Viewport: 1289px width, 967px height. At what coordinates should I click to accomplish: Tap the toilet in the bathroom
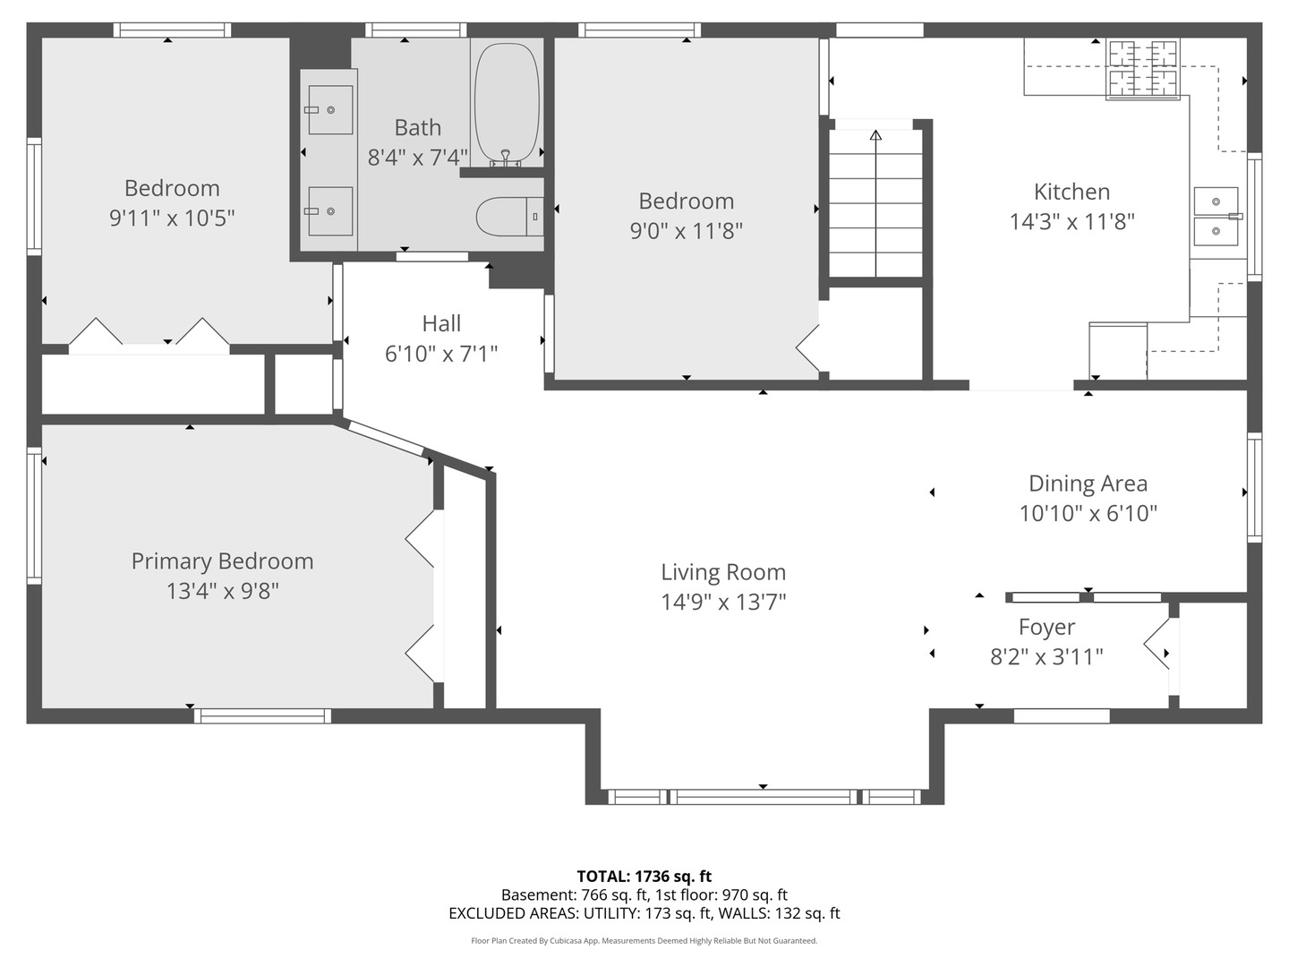click(x=509, y=217)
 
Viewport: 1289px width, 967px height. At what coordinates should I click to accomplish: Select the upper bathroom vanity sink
click(x=329, y=109)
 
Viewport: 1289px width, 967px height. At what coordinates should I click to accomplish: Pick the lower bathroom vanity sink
click(x=329, y=211)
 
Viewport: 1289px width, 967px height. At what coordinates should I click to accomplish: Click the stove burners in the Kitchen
click(x=1143, y=69)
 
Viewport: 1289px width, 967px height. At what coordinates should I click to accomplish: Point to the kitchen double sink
click(x=1216, y=216)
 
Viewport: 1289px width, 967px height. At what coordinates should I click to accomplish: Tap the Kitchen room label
click(x=1071, y=192)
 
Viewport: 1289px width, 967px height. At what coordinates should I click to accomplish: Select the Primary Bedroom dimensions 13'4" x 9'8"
click(x=222, y=591)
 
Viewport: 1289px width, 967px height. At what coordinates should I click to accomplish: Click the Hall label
click(x=441, y=323)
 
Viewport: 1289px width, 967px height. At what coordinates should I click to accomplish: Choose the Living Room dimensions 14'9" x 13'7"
click(x=723, y=602)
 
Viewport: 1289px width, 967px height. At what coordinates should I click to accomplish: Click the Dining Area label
click(x=1088, y=483)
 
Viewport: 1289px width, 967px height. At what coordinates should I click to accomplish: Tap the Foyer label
click(x=1046, y=628)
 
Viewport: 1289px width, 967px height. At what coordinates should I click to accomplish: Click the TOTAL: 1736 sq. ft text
click(x=644, y=877)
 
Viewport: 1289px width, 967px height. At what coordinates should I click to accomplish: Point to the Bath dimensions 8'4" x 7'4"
click(x=417, y=158)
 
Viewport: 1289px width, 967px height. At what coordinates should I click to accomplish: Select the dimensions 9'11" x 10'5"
click(x=172, y=218)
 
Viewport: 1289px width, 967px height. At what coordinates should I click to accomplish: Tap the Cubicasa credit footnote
click(x=644, y=941)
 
